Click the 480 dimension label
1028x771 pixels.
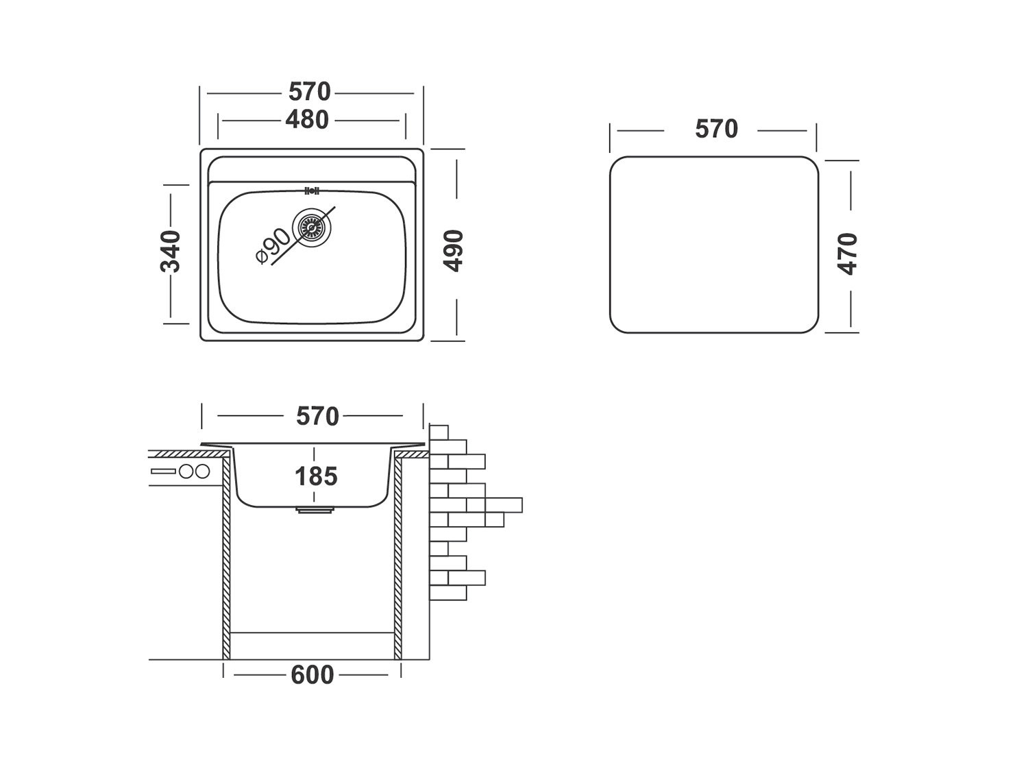click(307, 120)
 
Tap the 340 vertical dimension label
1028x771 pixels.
click(171, 252)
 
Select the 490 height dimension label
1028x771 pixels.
click(454, 251)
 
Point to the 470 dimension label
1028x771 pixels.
click(848, 254)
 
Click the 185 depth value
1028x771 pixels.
click(316, 476)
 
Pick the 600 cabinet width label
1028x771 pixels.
click(313, 675)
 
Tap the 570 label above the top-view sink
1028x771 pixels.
click(310, 92)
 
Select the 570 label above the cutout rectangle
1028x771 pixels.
click(716, 129)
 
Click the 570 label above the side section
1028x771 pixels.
click(317, 416)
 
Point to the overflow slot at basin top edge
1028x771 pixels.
click(312, 191)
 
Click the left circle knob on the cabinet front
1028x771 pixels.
click(186, 472)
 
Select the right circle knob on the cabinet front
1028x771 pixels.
click(201, 472)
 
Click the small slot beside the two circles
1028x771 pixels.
click(163, 472)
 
